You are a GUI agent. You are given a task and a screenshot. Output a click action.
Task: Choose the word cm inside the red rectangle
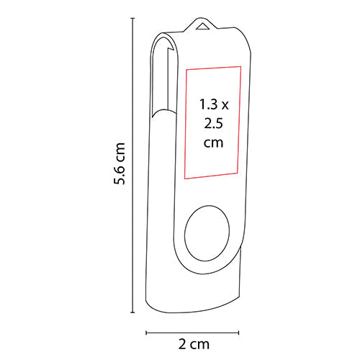pos(212,143)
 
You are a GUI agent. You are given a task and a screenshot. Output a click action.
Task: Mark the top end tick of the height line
pos(132,20)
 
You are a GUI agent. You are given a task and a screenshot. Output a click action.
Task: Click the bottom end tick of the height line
pos(132,312)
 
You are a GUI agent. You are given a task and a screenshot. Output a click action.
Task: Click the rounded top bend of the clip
pos(162,39)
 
